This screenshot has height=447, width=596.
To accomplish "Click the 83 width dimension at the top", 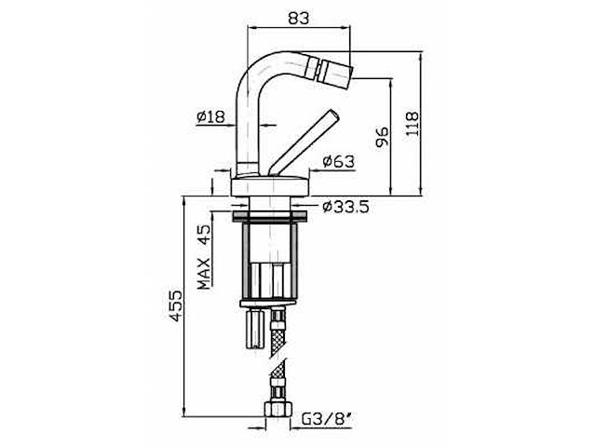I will [298, 17].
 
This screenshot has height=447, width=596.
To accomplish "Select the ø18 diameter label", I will [211, 116].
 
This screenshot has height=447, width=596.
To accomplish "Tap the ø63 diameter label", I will [339, 161].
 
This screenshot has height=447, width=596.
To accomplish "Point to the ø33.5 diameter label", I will [345, 206].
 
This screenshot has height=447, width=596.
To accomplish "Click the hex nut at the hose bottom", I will [278, 410].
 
